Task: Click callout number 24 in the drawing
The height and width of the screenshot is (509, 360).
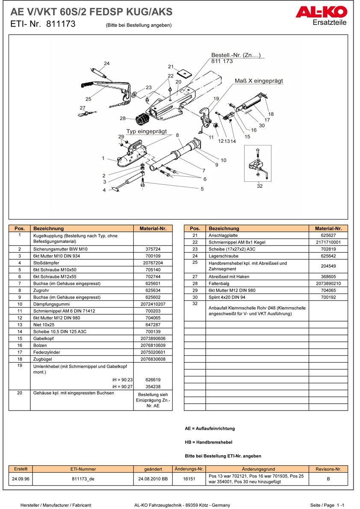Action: pos(106,64)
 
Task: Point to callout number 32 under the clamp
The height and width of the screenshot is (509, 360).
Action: pos(260,186)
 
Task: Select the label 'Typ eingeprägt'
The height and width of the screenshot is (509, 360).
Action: pos(146,131)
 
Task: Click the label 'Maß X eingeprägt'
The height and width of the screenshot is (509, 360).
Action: pos(259,81)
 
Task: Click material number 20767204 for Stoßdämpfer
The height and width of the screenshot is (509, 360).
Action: pos(153,263)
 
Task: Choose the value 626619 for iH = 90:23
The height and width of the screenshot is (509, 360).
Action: pos(153,379)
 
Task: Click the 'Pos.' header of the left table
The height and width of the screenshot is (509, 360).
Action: pos(20,228)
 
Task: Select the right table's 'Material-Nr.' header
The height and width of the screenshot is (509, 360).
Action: pos(328,228)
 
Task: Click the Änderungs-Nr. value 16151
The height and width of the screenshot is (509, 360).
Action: pos(189,479)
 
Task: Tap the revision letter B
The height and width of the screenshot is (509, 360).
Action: pos(328,479)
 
